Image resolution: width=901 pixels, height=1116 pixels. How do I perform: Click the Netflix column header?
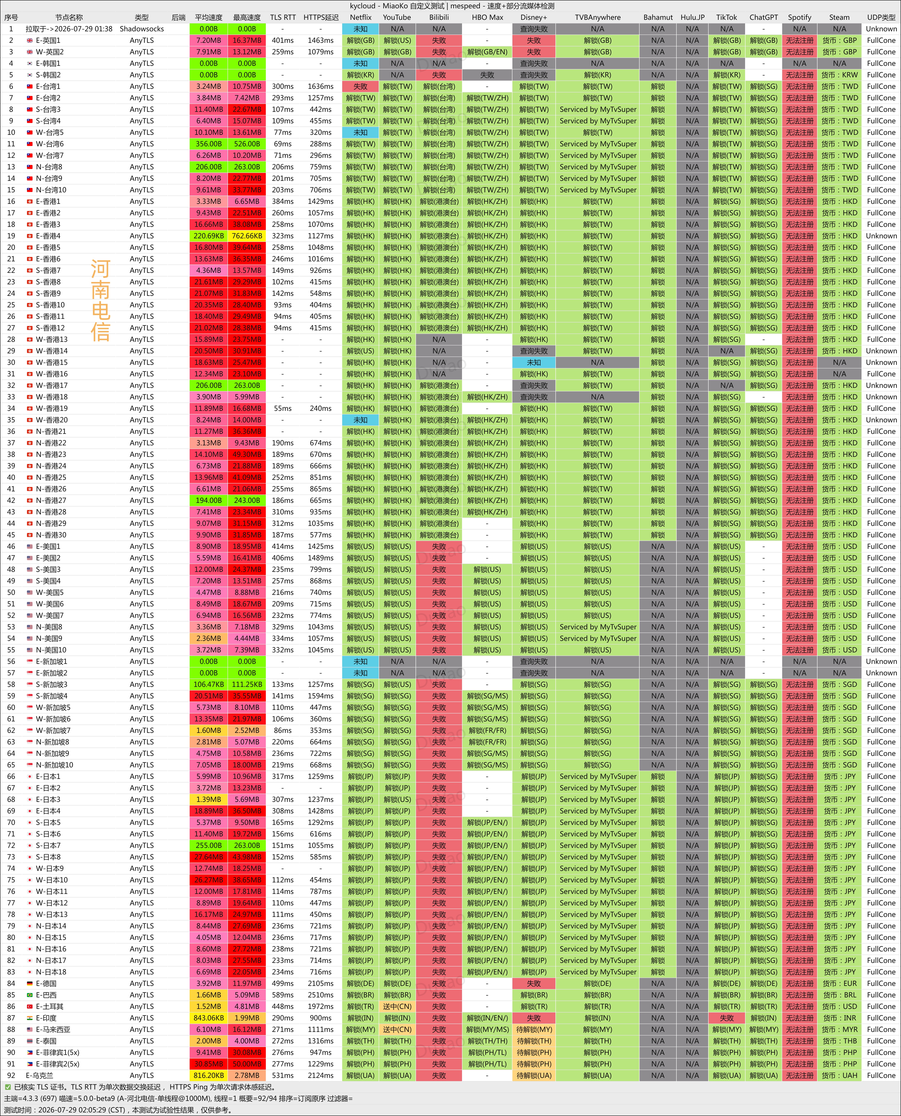pos(360,17)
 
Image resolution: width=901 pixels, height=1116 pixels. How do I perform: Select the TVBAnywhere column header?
pos(597,17)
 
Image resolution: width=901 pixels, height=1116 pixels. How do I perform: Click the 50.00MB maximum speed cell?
pos(247,1064)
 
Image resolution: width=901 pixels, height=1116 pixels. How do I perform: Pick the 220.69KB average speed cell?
pos(209,236)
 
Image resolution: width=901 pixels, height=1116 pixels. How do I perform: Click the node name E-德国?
pos(46,983)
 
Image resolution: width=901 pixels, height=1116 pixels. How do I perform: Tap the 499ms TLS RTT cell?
pos(282,983)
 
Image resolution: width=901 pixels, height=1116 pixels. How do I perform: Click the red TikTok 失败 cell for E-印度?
pos(727,1018)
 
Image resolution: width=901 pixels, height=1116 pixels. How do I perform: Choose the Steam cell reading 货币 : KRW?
pos(839,75)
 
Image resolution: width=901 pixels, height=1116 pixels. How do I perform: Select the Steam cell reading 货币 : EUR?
pos(839,983)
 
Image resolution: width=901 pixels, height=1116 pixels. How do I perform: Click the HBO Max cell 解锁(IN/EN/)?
pos(487,1018)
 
